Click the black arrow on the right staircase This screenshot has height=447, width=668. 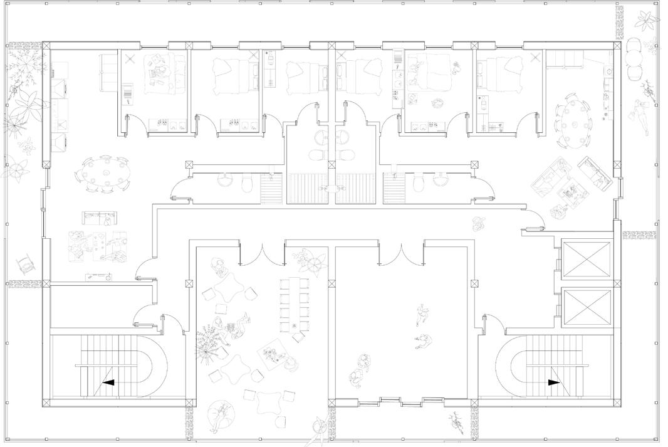point(554,382)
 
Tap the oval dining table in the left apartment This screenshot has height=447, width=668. point(105,173)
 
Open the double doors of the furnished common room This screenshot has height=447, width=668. point(263,251)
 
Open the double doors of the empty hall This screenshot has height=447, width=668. point(402,251)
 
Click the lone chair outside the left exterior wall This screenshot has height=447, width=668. point(26,264)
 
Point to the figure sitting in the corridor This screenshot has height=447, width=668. point(480,223)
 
